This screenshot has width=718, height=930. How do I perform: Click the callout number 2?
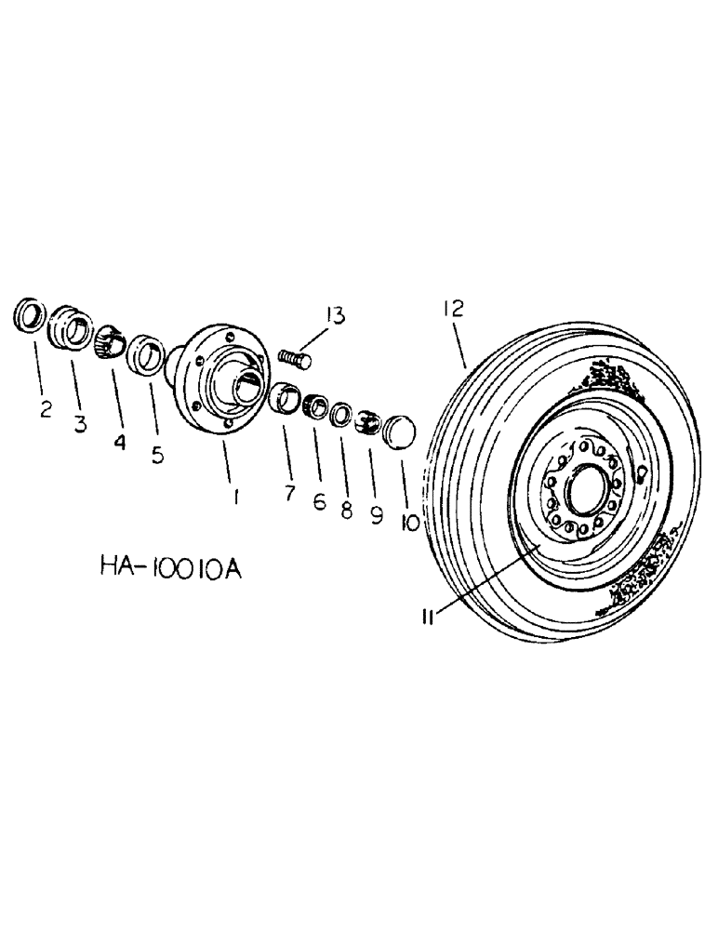[x=46, y=410]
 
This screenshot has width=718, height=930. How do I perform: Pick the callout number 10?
[x=409, y=524]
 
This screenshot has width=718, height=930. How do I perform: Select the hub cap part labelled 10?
[x=398, y=432]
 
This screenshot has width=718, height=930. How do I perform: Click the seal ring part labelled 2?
[x=30, y=314]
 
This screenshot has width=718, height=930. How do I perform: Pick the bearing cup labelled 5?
[x=147, y=354]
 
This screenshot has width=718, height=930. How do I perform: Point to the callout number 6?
[x=320, y=502]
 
